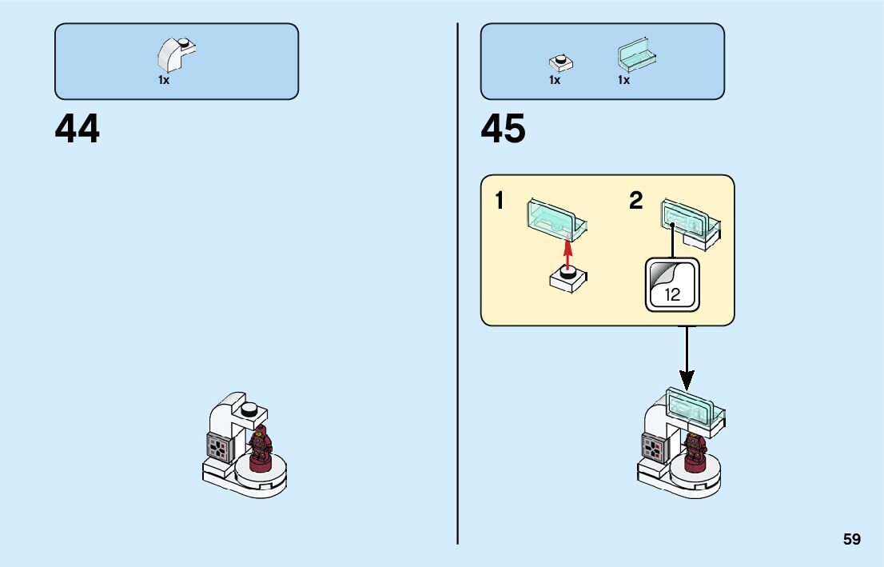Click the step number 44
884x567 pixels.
[x=78, y=129]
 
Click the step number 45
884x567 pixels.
[x=504, y=129]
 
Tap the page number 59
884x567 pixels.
[x=851, y=539]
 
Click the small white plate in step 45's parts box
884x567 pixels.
[x=561, y=62]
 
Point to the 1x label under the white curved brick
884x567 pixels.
[x=164, y=80]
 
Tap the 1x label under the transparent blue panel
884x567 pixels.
[x=623, y=80]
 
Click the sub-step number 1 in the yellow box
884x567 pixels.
[x=500, y=201]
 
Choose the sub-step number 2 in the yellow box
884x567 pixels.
[x=635, y=201]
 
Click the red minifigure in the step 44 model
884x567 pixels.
[x=260, y=448]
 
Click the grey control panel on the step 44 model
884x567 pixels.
[x=219, y=448]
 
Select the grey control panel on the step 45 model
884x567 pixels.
[x=654, y=448]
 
